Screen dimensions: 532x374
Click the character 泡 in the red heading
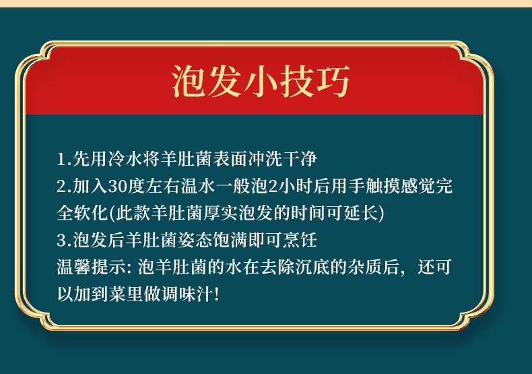[x=189, y=82]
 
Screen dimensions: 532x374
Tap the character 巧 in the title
[x=333, y=82]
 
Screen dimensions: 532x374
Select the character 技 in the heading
[x=297, y=82]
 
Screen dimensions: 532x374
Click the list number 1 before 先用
[x=62, y=159]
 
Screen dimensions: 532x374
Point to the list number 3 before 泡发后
[x=63, y=241]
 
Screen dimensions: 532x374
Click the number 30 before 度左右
[x=118, y=186]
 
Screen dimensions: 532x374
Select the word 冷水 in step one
[x=125, y=159]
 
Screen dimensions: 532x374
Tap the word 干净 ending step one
[x=300, y=159]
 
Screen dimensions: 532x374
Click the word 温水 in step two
[x=198, y=186]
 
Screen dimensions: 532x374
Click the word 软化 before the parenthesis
[x=91, y=213]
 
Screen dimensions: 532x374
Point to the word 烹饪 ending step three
[x=300, y=241]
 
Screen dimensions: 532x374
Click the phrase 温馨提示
[x=91, y=267]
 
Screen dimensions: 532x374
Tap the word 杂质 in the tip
[x=365, y=267]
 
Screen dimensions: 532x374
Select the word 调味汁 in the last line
[x=187, y=294]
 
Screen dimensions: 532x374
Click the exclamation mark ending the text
[x=217, y=294]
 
